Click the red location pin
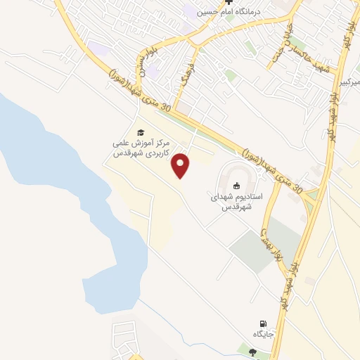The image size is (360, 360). point(182,165)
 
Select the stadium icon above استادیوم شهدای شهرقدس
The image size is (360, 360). point(237,186)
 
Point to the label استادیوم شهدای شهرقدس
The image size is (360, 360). point(237,202)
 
